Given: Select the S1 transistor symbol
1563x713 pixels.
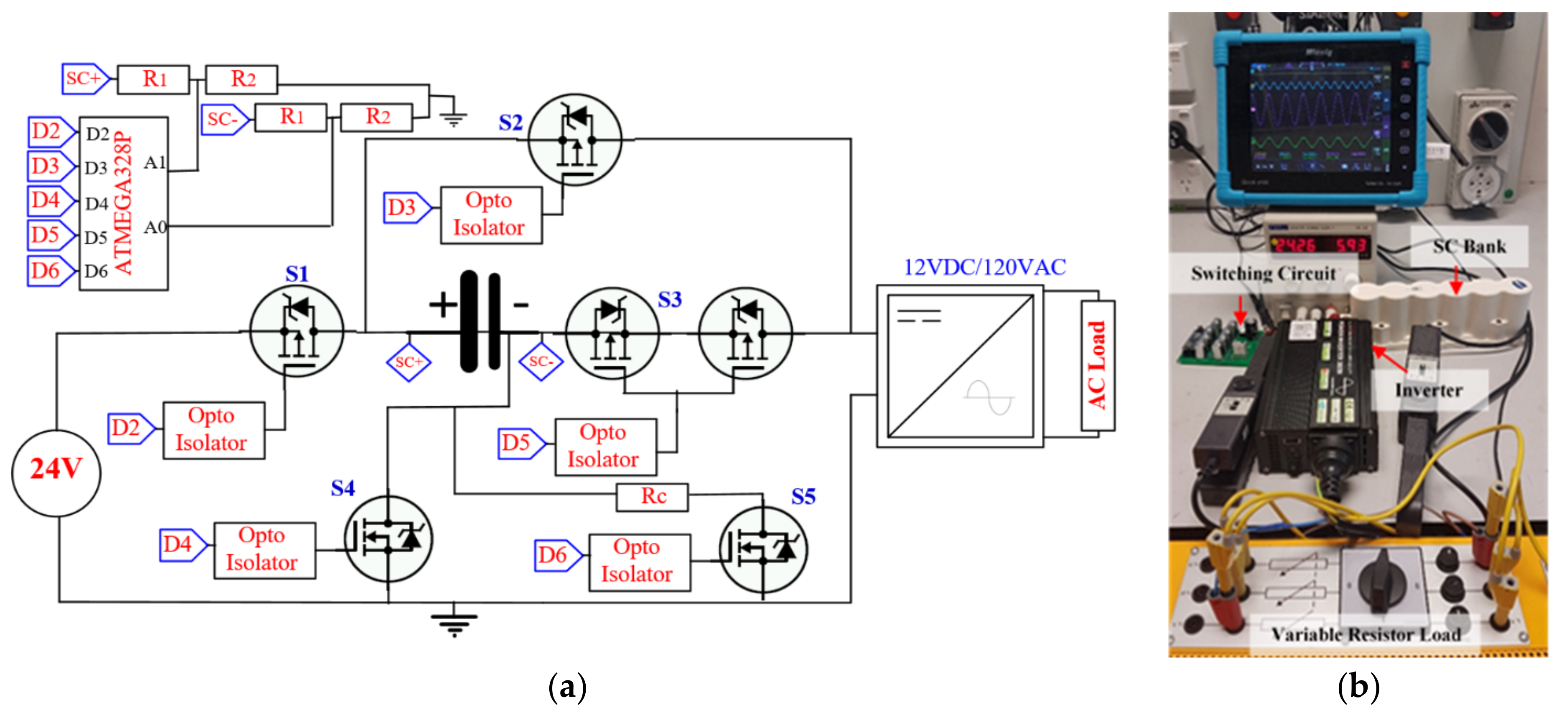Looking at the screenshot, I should tap(296, 331).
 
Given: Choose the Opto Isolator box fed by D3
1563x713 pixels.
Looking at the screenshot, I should tap(491, 215).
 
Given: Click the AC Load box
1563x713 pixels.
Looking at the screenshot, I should tap(1097, 365).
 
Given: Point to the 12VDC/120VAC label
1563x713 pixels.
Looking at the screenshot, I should tap(984, 267).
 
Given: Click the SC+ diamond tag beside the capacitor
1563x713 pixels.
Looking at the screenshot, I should tap(408, 362).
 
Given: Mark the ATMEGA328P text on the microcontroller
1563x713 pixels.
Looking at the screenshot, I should tap(123, 203).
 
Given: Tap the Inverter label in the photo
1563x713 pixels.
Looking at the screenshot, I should tap(1428, 390).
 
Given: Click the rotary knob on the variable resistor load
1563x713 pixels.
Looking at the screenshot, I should tap(1380, 579).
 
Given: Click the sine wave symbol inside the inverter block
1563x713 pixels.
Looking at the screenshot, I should tap(989, 398).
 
